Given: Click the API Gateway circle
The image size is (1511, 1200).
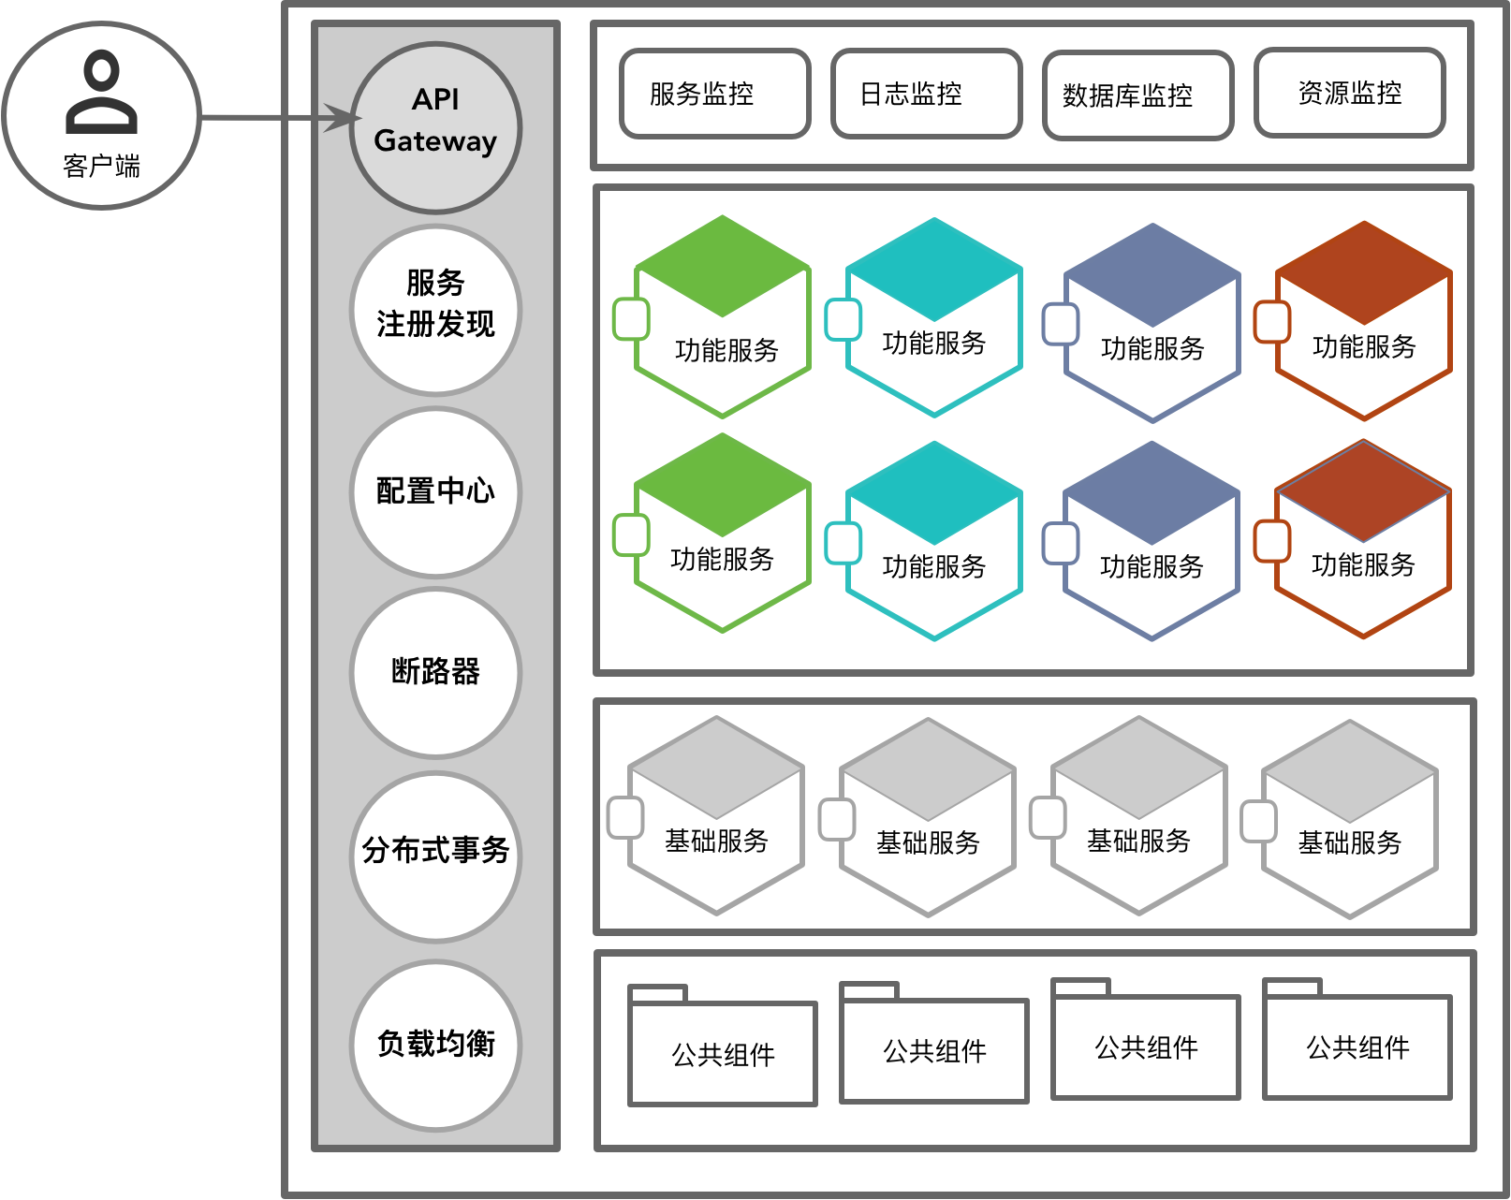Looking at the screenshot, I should [x=435, y=127].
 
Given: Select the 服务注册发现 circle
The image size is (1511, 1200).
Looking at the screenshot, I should [x=435, y=310].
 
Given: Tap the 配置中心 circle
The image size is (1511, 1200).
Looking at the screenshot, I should [x=435, y=491].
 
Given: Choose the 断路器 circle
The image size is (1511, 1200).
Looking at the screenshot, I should [x=435, y=672].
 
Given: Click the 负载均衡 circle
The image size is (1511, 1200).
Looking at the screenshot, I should [x=435, y=1045].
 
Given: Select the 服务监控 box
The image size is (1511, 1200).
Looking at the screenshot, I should [x=714, y=94].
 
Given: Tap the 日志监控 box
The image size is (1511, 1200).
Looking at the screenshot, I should [x=926, y=94].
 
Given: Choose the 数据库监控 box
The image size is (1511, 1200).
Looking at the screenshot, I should [x=1137, y=95].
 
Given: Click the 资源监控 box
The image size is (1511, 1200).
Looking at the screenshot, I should [x=1349, y=93].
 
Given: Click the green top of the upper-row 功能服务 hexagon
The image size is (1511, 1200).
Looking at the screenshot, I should [x=722, y=267].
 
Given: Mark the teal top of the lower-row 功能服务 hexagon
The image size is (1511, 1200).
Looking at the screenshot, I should [x=933, y=493].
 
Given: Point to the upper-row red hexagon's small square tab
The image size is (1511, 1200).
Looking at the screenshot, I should [x=1272, y=321].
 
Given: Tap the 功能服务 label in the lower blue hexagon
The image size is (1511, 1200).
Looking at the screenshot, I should [x=1152, y=566].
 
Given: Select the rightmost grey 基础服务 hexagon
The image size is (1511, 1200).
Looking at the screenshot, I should [x=1349, y=820].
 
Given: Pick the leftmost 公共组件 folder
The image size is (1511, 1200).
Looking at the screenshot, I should [x=723, y=1053].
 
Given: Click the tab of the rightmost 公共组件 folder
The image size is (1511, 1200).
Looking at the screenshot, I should [x=1292, y=988].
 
